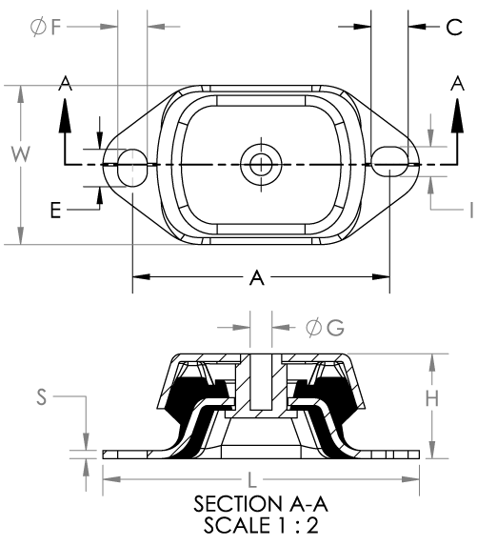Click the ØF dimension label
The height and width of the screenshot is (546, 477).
pyautogui.click(x=46, y=27)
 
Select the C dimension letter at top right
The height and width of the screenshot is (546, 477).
pyautogui.click(x=454, y=28)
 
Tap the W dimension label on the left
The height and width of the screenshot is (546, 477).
pyautogui.click(x=21, y=154)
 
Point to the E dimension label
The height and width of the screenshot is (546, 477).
pyautogui.click(x=55, y=210)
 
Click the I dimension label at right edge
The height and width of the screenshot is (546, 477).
pyautogui.click(x=471, y=210)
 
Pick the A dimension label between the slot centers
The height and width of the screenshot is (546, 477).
pyautogui.click(x=257, y=277)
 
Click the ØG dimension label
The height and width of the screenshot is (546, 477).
pyautogui.click(x=326, y=328)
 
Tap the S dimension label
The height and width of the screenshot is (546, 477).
pyautogui.click(x=41, y=396)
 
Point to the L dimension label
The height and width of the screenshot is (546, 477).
pyautogui.click(x=252, y=479)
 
